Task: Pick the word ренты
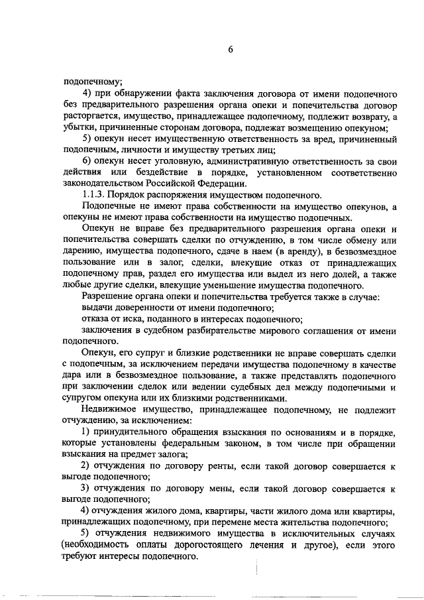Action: [x=211, y=466]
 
